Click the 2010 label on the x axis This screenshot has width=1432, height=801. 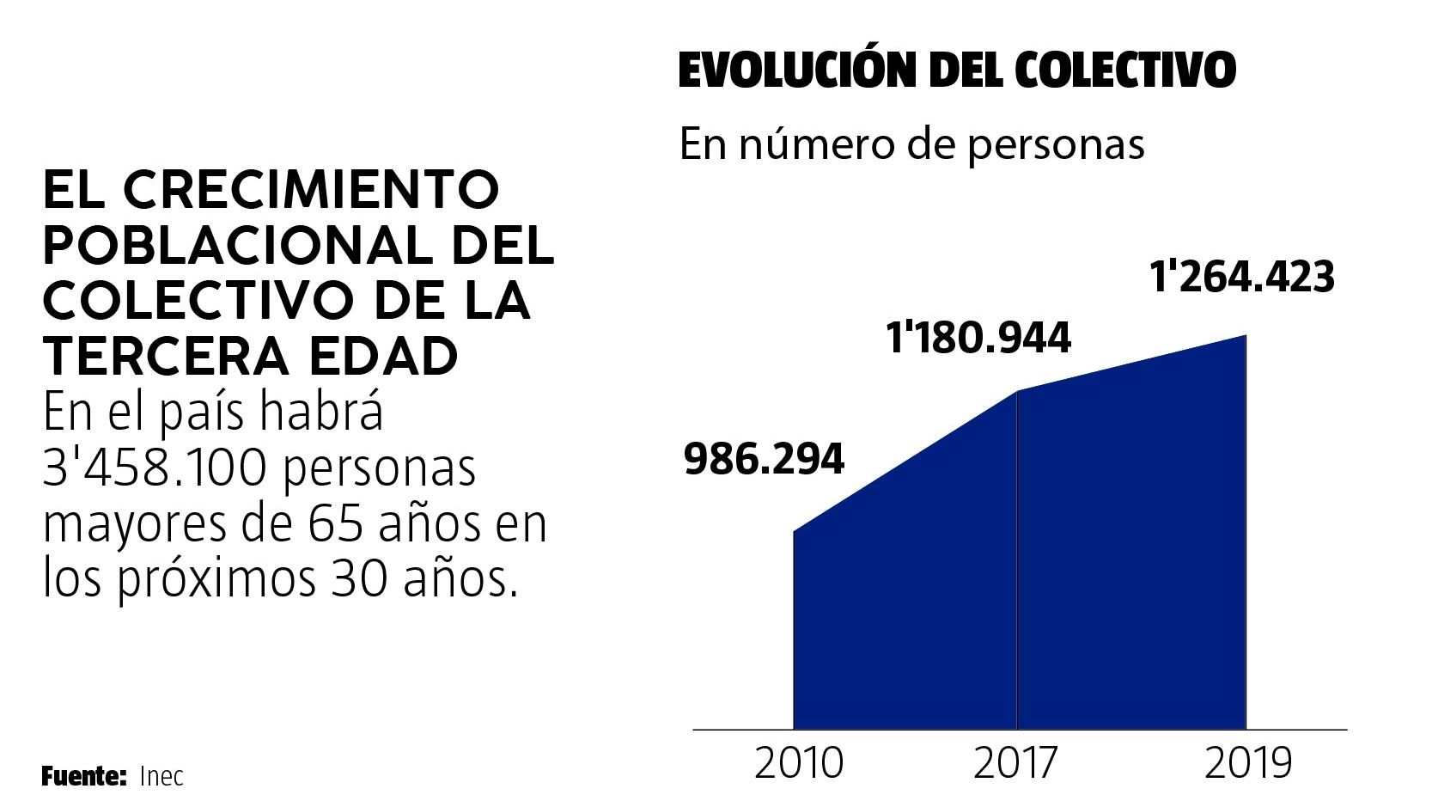tap(799, 763)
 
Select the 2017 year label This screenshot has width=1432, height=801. tap(1017, 763)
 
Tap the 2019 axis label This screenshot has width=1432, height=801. tap(1247, 763)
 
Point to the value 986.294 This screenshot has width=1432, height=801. tap(764, 461)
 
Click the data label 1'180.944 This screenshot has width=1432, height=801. tap(978, 339)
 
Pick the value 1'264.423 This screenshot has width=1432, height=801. tap(1242, 278)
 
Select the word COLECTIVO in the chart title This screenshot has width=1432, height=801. tap(1125, 70)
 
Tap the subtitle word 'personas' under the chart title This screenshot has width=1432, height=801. tap(1057, 144)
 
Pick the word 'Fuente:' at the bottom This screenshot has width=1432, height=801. tap(84, 777)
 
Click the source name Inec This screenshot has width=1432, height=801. tap(161, 777)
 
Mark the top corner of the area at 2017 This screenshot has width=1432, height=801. tap(1017, 392)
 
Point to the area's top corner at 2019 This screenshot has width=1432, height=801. tap(1245, 335)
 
